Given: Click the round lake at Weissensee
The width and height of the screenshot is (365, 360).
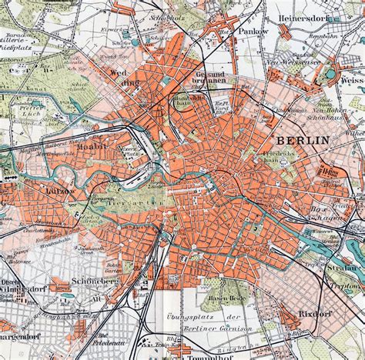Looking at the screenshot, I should (333, 75).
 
